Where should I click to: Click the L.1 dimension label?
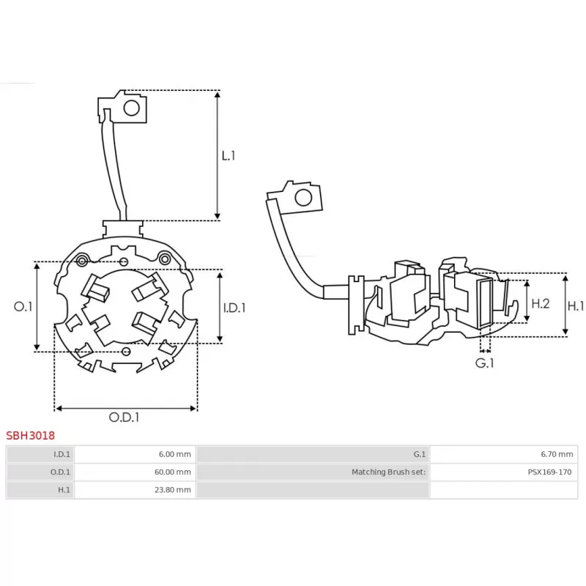tap(229, 155)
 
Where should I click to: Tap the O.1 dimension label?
tap(23, 307)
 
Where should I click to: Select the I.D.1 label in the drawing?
tap(234, 308)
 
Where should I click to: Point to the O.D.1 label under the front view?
tap(125, 418)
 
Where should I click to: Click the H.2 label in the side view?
tap(541, 303)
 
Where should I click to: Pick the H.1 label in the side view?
tap(576, 305)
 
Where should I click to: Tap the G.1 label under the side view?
tap(484, 363)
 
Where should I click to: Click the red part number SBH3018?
tap(31, 435)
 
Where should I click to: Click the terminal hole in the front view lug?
tap(132, 108)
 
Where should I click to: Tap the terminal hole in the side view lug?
tap(302, 197)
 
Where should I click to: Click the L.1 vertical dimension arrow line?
tap(218, 155)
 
